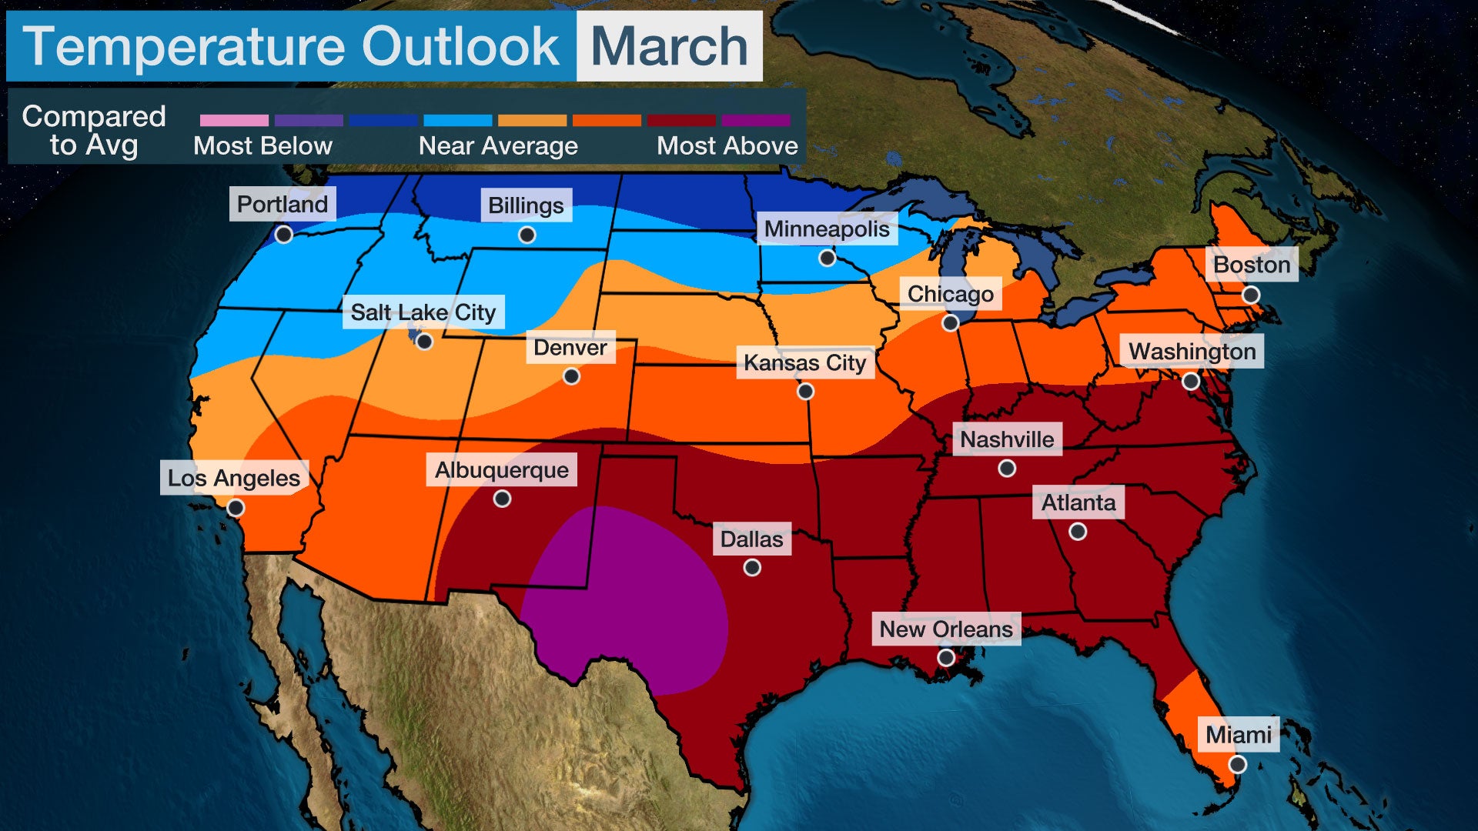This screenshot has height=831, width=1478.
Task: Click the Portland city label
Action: tap(283, 204)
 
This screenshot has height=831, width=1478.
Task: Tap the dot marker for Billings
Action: tap(527, 235)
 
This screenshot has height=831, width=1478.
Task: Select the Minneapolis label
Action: tap(827, 229)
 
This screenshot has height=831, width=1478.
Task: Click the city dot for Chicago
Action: tap(951, 323)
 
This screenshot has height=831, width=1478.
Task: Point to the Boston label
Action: tap(1252, 265)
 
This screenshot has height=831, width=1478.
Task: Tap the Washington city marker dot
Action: tap(1191, 381)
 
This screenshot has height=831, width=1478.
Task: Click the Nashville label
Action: tap(1007, 439)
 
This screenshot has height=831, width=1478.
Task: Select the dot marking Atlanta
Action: tap(1078, 532)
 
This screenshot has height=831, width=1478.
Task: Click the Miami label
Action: tap(1238, 735)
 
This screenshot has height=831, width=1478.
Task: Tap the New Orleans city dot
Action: tap(946, 657)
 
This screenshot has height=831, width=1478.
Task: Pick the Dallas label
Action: tap(751, 539)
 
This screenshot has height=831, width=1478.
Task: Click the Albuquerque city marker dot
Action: tap(502, 499)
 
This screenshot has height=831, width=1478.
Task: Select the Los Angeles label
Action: tap(234, 478)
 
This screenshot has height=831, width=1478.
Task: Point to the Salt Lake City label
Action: tap(423, 312)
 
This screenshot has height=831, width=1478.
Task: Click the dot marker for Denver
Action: tap(571, 376)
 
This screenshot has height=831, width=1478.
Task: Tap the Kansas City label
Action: tap(805, 362)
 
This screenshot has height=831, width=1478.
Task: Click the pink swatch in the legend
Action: tap(234, 121)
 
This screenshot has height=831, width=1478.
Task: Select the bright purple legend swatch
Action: tap(756, 121)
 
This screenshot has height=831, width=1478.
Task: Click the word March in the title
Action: tap(669, 46)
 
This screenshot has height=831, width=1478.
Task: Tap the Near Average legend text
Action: tap(498, 145)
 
